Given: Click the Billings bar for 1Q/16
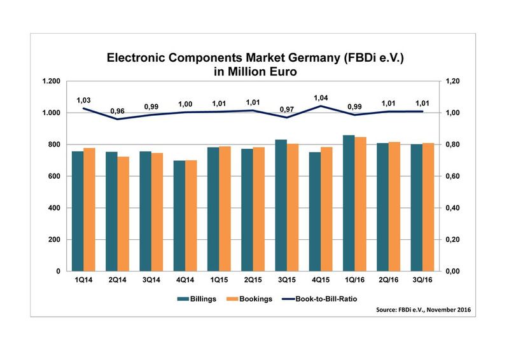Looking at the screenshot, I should click(349, 203).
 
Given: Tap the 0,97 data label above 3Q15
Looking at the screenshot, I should click(287, 109).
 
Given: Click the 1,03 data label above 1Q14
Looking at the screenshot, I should click(83, 100).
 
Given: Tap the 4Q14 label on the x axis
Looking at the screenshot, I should click(185, 281).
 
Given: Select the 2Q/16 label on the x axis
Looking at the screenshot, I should click(388, 281).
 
